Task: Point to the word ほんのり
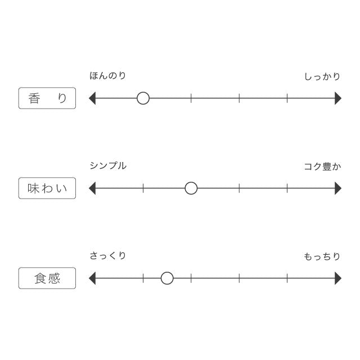[x=107, y=75]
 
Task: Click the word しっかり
[x=322, y=76]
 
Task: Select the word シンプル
[x=108, y=165]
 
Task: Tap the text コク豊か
[x=322, y=166]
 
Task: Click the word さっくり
[x=107, y=255]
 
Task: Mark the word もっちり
[x=322, y=256]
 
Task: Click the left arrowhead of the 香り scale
[x=92, y=98]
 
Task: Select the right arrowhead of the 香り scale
[x=338, y=98]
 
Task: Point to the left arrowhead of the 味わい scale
[x=92, y=188]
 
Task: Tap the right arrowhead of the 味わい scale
[x=338, y=188]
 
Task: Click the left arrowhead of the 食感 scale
[x=92, y=278]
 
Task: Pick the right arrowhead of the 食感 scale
[x=338, y=278]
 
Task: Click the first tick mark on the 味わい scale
[x=143, y=188]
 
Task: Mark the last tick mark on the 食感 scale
[x=287, y=278]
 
